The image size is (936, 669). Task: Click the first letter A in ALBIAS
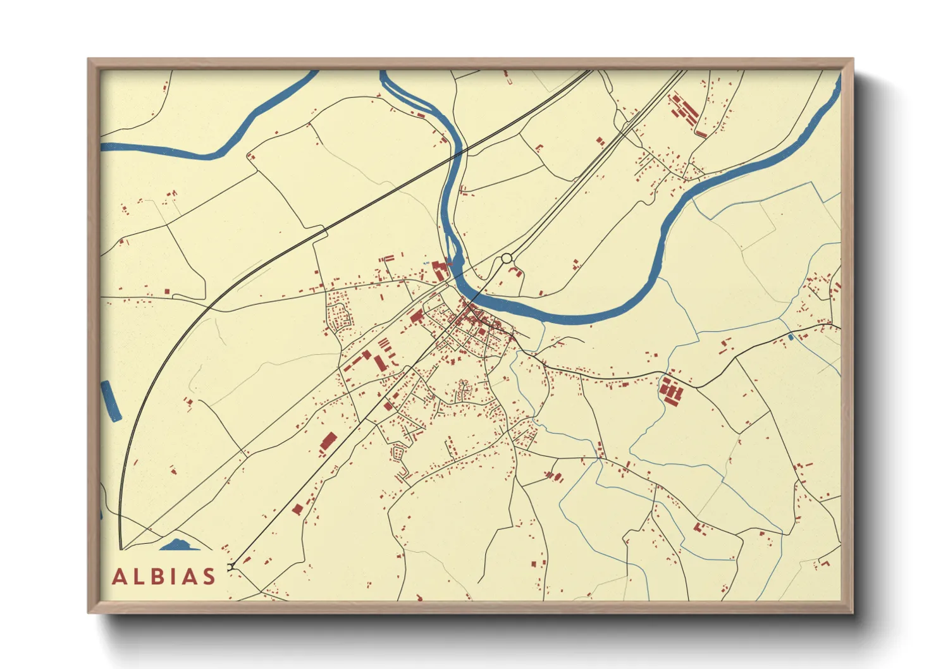pyautogui.click(x=120, y=577)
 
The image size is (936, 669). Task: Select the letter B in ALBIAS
pyautogui.click(x=157, y=577)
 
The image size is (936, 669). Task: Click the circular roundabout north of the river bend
pyautogui.click(x=506, y=258)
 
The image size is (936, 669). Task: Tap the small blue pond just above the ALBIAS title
pyautogui.click(x=179, y=544)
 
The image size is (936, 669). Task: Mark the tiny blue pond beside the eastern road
pyautogui.click(x=790, y=337)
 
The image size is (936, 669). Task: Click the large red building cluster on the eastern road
pyautogui.click(x=671, y=390)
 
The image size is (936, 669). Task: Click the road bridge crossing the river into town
pyautogui.click(x=484, y=288)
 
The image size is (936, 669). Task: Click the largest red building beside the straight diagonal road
pyautogui.click(x=328, y=441)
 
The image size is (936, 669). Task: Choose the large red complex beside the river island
pyautogui.click(x=440, y=271)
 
